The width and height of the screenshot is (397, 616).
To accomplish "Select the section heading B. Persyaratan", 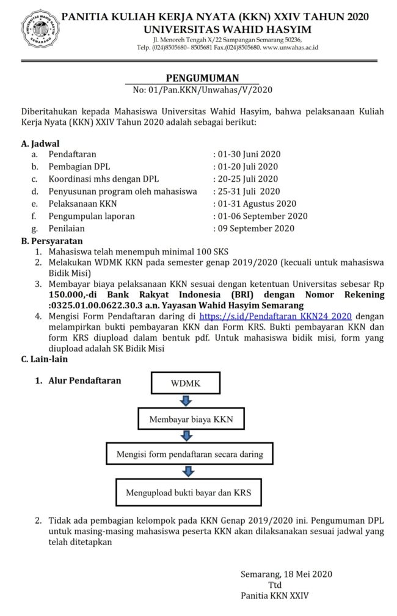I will coord(52,240).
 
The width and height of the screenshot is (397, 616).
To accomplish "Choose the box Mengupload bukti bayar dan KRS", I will coord(189,491).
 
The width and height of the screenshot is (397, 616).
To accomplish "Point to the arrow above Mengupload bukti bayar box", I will coord(188,472).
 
